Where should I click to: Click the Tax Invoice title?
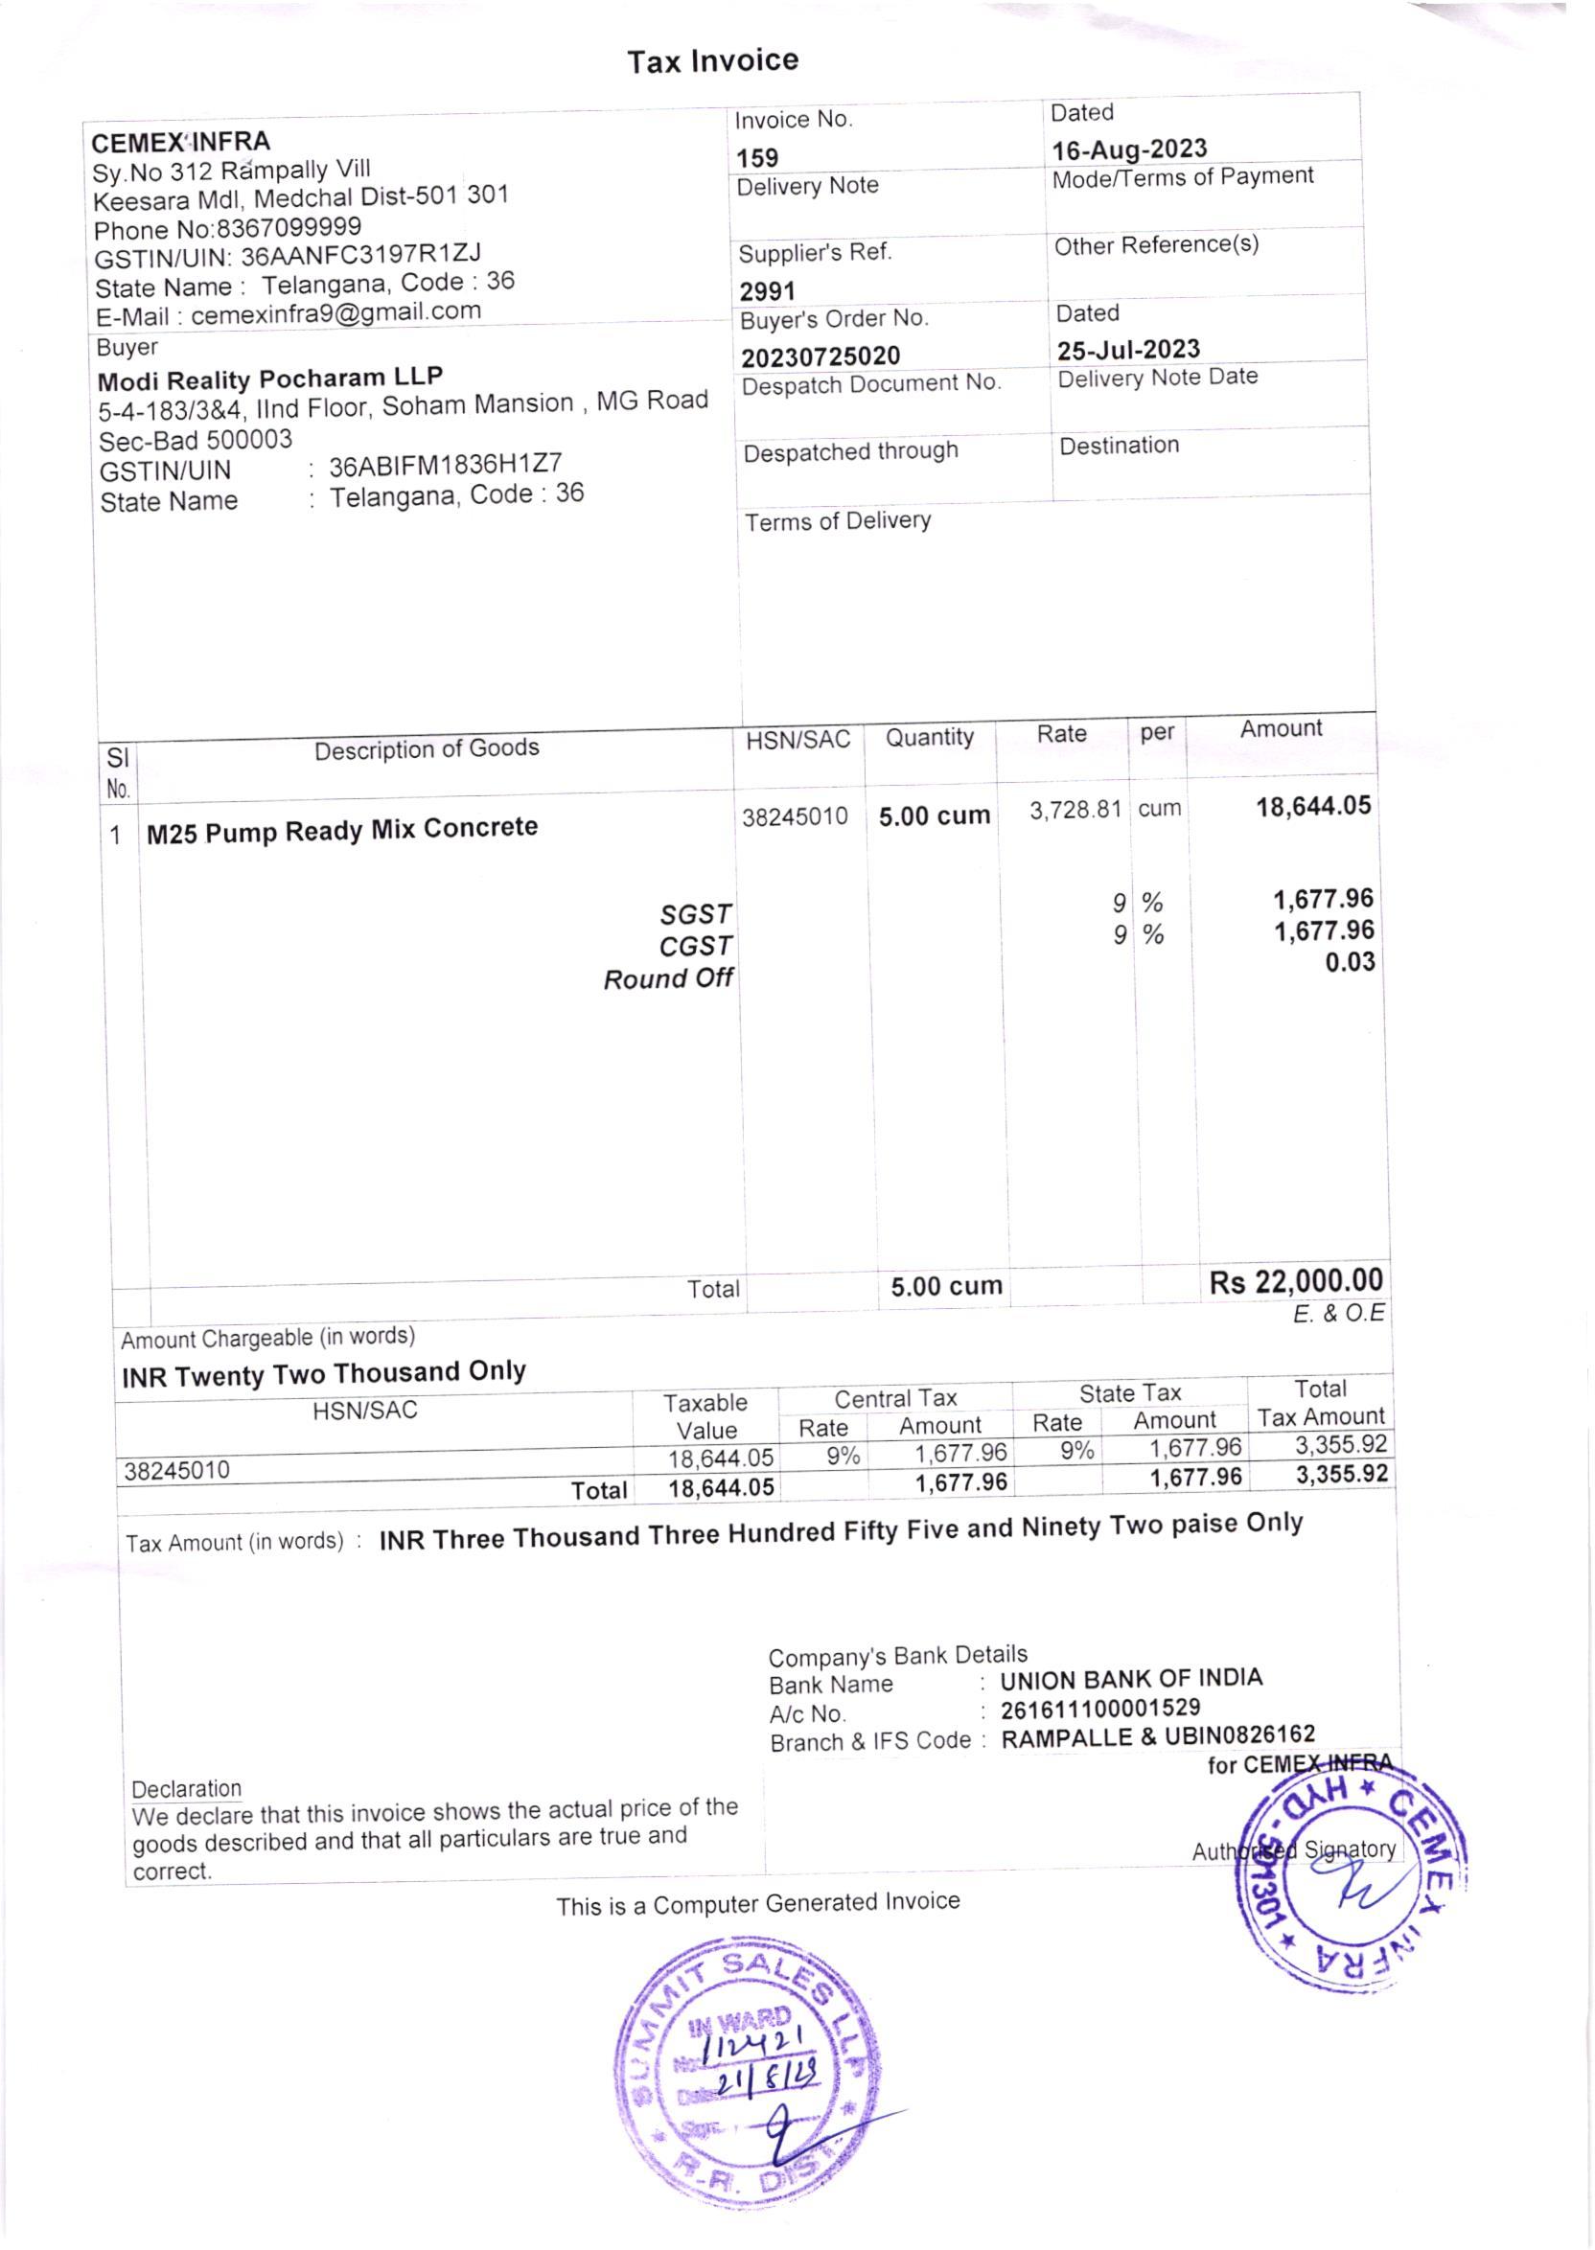(x=712, y=61)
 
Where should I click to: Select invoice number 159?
(x=757, y=158)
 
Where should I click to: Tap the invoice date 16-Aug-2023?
(x=1129, y=149)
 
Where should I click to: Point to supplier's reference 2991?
(x=767, y=291)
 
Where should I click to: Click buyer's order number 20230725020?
(x=821, y=356)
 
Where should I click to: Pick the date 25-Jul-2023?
(x=1128, y=351)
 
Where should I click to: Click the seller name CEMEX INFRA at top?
(x=181, y=143)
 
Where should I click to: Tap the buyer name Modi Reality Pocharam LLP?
(x=270, y=379)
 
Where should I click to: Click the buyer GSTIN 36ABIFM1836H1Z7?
(x=445, y=465)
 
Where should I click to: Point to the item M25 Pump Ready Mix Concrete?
(x=342, y=830)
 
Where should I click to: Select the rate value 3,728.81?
(x=1075, y=810)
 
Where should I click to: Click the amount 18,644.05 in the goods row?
(x=1313, y=807)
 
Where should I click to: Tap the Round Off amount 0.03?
(x=1350, y=962)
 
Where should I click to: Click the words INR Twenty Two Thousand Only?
(x=323, y=1373)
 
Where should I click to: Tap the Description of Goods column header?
(x=427, y=749)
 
